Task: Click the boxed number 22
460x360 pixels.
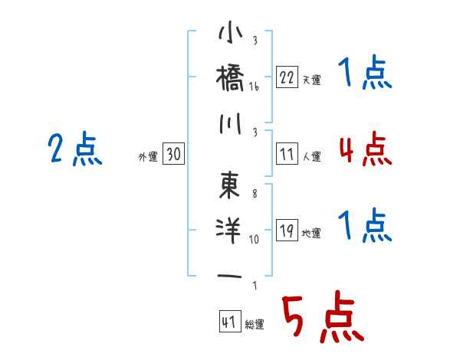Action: [287, 77]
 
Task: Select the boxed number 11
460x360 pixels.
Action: [287, 154]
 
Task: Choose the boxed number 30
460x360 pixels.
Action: [173, 154]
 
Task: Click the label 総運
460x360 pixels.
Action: [255, 324]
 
